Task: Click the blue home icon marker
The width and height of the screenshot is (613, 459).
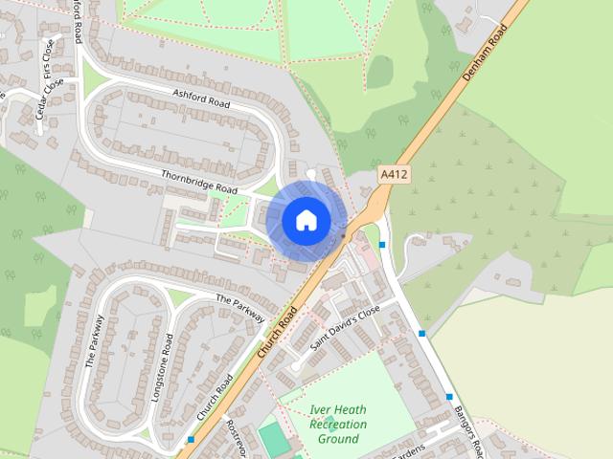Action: (305, 220)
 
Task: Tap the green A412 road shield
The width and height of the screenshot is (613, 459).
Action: (394, 175)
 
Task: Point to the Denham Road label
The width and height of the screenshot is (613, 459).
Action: (483, 57)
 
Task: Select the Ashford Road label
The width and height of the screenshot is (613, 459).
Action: (202, 97)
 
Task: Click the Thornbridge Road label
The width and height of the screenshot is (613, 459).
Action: (198, 182)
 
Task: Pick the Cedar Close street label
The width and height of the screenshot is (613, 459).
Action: (48, 99)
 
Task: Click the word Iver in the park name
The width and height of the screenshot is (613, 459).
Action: (323, 410)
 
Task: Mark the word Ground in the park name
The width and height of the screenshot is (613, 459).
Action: (338, 439)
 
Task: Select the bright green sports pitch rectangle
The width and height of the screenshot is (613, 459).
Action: (274, 439)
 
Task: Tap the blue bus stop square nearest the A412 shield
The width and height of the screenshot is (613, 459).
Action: (382, 246)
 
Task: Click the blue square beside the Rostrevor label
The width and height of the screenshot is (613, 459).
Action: (192, 440)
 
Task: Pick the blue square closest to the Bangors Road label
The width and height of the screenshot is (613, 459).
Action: (449, 396)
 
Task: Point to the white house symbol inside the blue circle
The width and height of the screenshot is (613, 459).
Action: (305, 220)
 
